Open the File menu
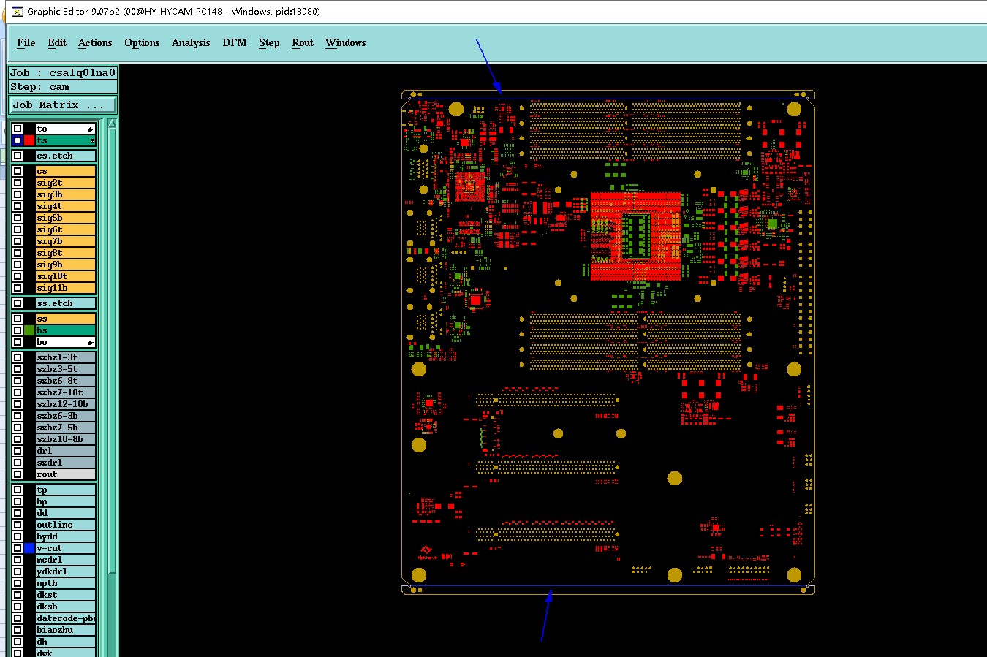pos(26,42)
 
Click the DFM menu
pos(235,42)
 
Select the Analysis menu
pos(191,42)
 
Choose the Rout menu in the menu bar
pos(303,42)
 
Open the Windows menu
pos(345,42)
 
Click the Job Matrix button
pos(62,105)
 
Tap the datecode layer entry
pos(65,618)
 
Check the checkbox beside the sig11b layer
pos(18,288)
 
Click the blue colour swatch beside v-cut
pos(29,548)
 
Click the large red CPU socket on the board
pos(635,236)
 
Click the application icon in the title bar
pos(17,11)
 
